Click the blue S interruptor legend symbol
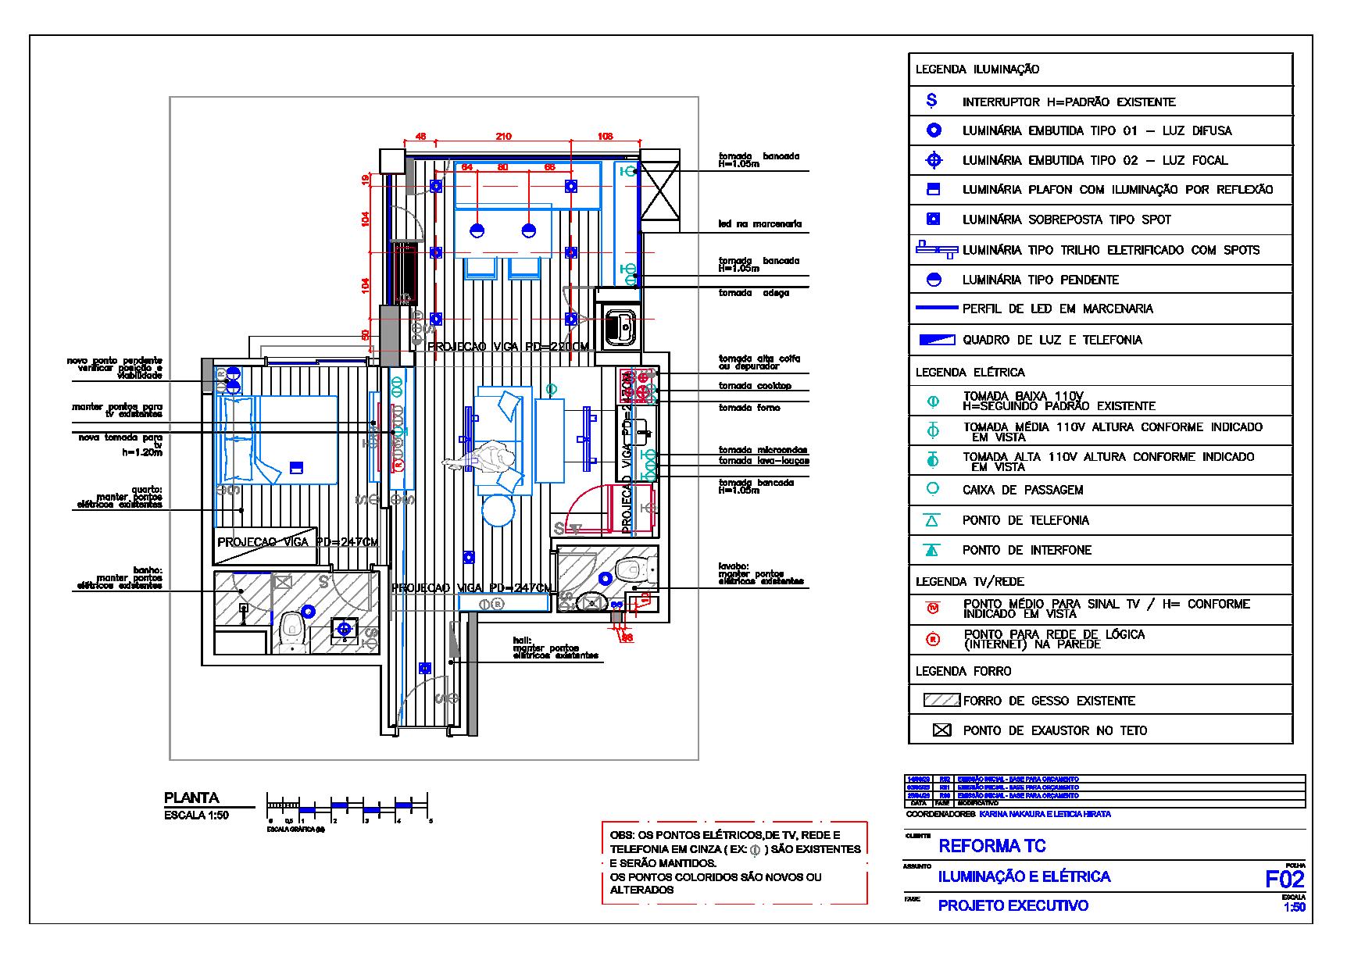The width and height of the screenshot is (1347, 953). pyautogui.click(x=931, y=101)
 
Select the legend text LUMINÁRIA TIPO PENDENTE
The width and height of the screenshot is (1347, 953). pyautogui.click(x=1040, y=280)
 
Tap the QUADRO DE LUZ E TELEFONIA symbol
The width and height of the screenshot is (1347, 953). pyautogui.click(x=936, y=340)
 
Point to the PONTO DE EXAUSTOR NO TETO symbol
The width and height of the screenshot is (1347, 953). pyautogui.click(x=942, y=730)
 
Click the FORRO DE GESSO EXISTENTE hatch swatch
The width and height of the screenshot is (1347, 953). pyautogui.click(x=941, y=701)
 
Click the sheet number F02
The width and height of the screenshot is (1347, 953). pyautogui.click(x=1284, y=879)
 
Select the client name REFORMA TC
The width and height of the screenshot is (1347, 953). pyautogui.click(x=991, y=846)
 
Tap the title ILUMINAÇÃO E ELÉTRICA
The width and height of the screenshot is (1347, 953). pyautogui.click(x=1024, y=876)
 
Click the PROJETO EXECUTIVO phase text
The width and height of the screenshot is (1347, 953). pyautogui.click(x=1013, y=906)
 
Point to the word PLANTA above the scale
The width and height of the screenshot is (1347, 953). pyautogui.click(x=191, y=798)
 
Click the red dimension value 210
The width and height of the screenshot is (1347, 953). pyautogui.click(x=503, y=137)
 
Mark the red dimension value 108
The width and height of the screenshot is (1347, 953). pyautogui.click(x=605, y=137)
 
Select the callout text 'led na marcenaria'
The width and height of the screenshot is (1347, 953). pyautogui.click(x=759, y=224)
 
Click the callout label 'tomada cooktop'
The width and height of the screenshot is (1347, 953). pyautogui.click(x=755, y=386)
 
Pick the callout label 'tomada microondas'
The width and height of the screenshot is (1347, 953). pyautogui.click(x=763, y=450)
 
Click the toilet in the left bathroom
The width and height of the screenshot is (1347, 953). pyautogui.click(x=291, y=630)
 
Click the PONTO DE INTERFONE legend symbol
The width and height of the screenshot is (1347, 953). pyautogui.click(x=931, y=550)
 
